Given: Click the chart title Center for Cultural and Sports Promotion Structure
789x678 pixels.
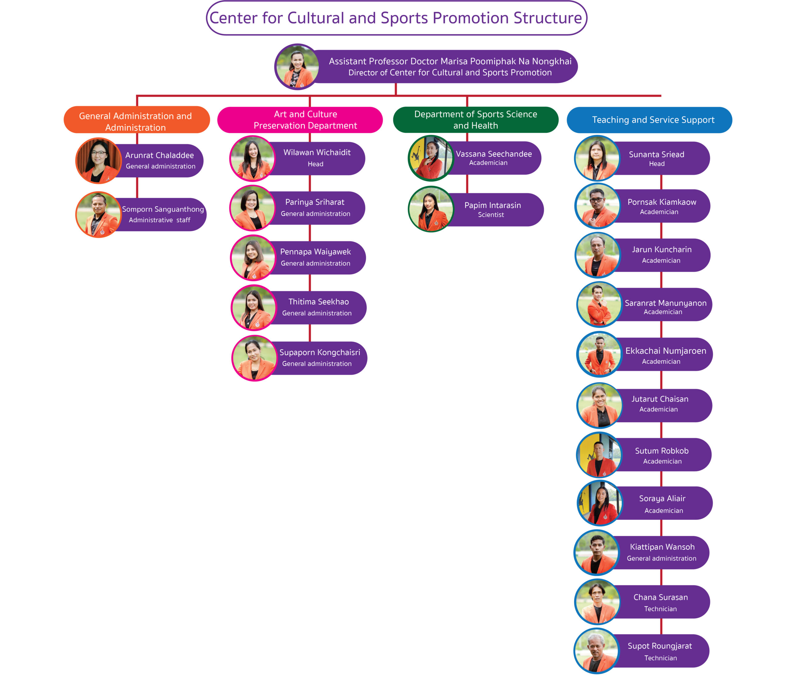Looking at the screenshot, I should [396, 18].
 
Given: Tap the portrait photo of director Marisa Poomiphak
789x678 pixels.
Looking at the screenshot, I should [297, 67].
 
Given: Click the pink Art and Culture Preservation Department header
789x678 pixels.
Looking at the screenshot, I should [305, 120].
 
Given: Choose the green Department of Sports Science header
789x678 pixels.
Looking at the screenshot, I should [475, 120].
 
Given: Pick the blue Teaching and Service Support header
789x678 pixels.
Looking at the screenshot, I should [653, 120].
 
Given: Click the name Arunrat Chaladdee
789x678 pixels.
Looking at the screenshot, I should [160, 155].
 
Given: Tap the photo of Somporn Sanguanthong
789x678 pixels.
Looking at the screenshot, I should [98, 215].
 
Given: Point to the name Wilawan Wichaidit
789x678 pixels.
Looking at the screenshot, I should [317, 152].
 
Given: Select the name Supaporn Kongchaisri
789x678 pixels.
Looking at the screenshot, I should [320, 352].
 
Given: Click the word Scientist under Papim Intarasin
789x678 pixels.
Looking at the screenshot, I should [491, 215].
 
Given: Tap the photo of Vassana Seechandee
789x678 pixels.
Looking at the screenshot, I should [431, 158].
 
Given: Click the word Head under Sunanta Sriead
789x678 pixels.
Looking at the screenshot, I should [656, 164].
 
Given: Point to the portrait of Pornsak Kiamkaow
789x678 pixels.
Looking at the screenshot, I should [597, 206].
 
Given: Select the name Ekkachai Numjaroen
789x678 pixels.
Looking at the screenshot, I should [666, 351].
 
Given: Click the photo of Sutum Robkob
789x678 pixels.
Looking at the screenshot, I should [599, 455].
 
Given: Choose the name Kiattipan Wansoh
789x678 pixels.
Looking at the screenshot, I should [662, 547].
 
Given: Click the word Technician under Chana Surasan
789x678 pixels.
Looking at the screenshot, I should [660, 609].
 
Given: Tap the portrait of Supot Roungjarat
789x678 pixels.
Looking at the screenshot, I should [596, 651].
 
